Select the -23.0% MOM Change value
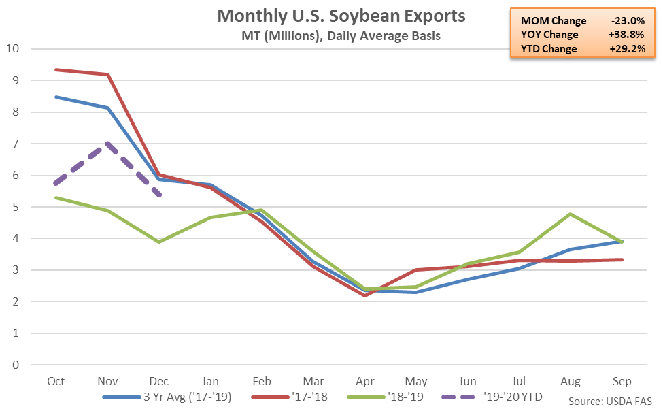tap(625, 21)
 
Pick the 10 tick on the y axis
tap(12, 49)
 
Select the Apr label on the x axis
tap(364, 381)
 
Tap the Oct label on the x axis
tap(56, 381)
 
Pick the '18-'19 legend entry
tap(401, 396)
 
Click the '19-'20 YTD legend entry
tap(510, 396)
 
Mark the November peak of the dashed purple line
tap(107, 144)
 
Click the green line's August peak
tap(569, 214)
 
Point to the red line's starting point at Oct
tap(56, 69)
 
